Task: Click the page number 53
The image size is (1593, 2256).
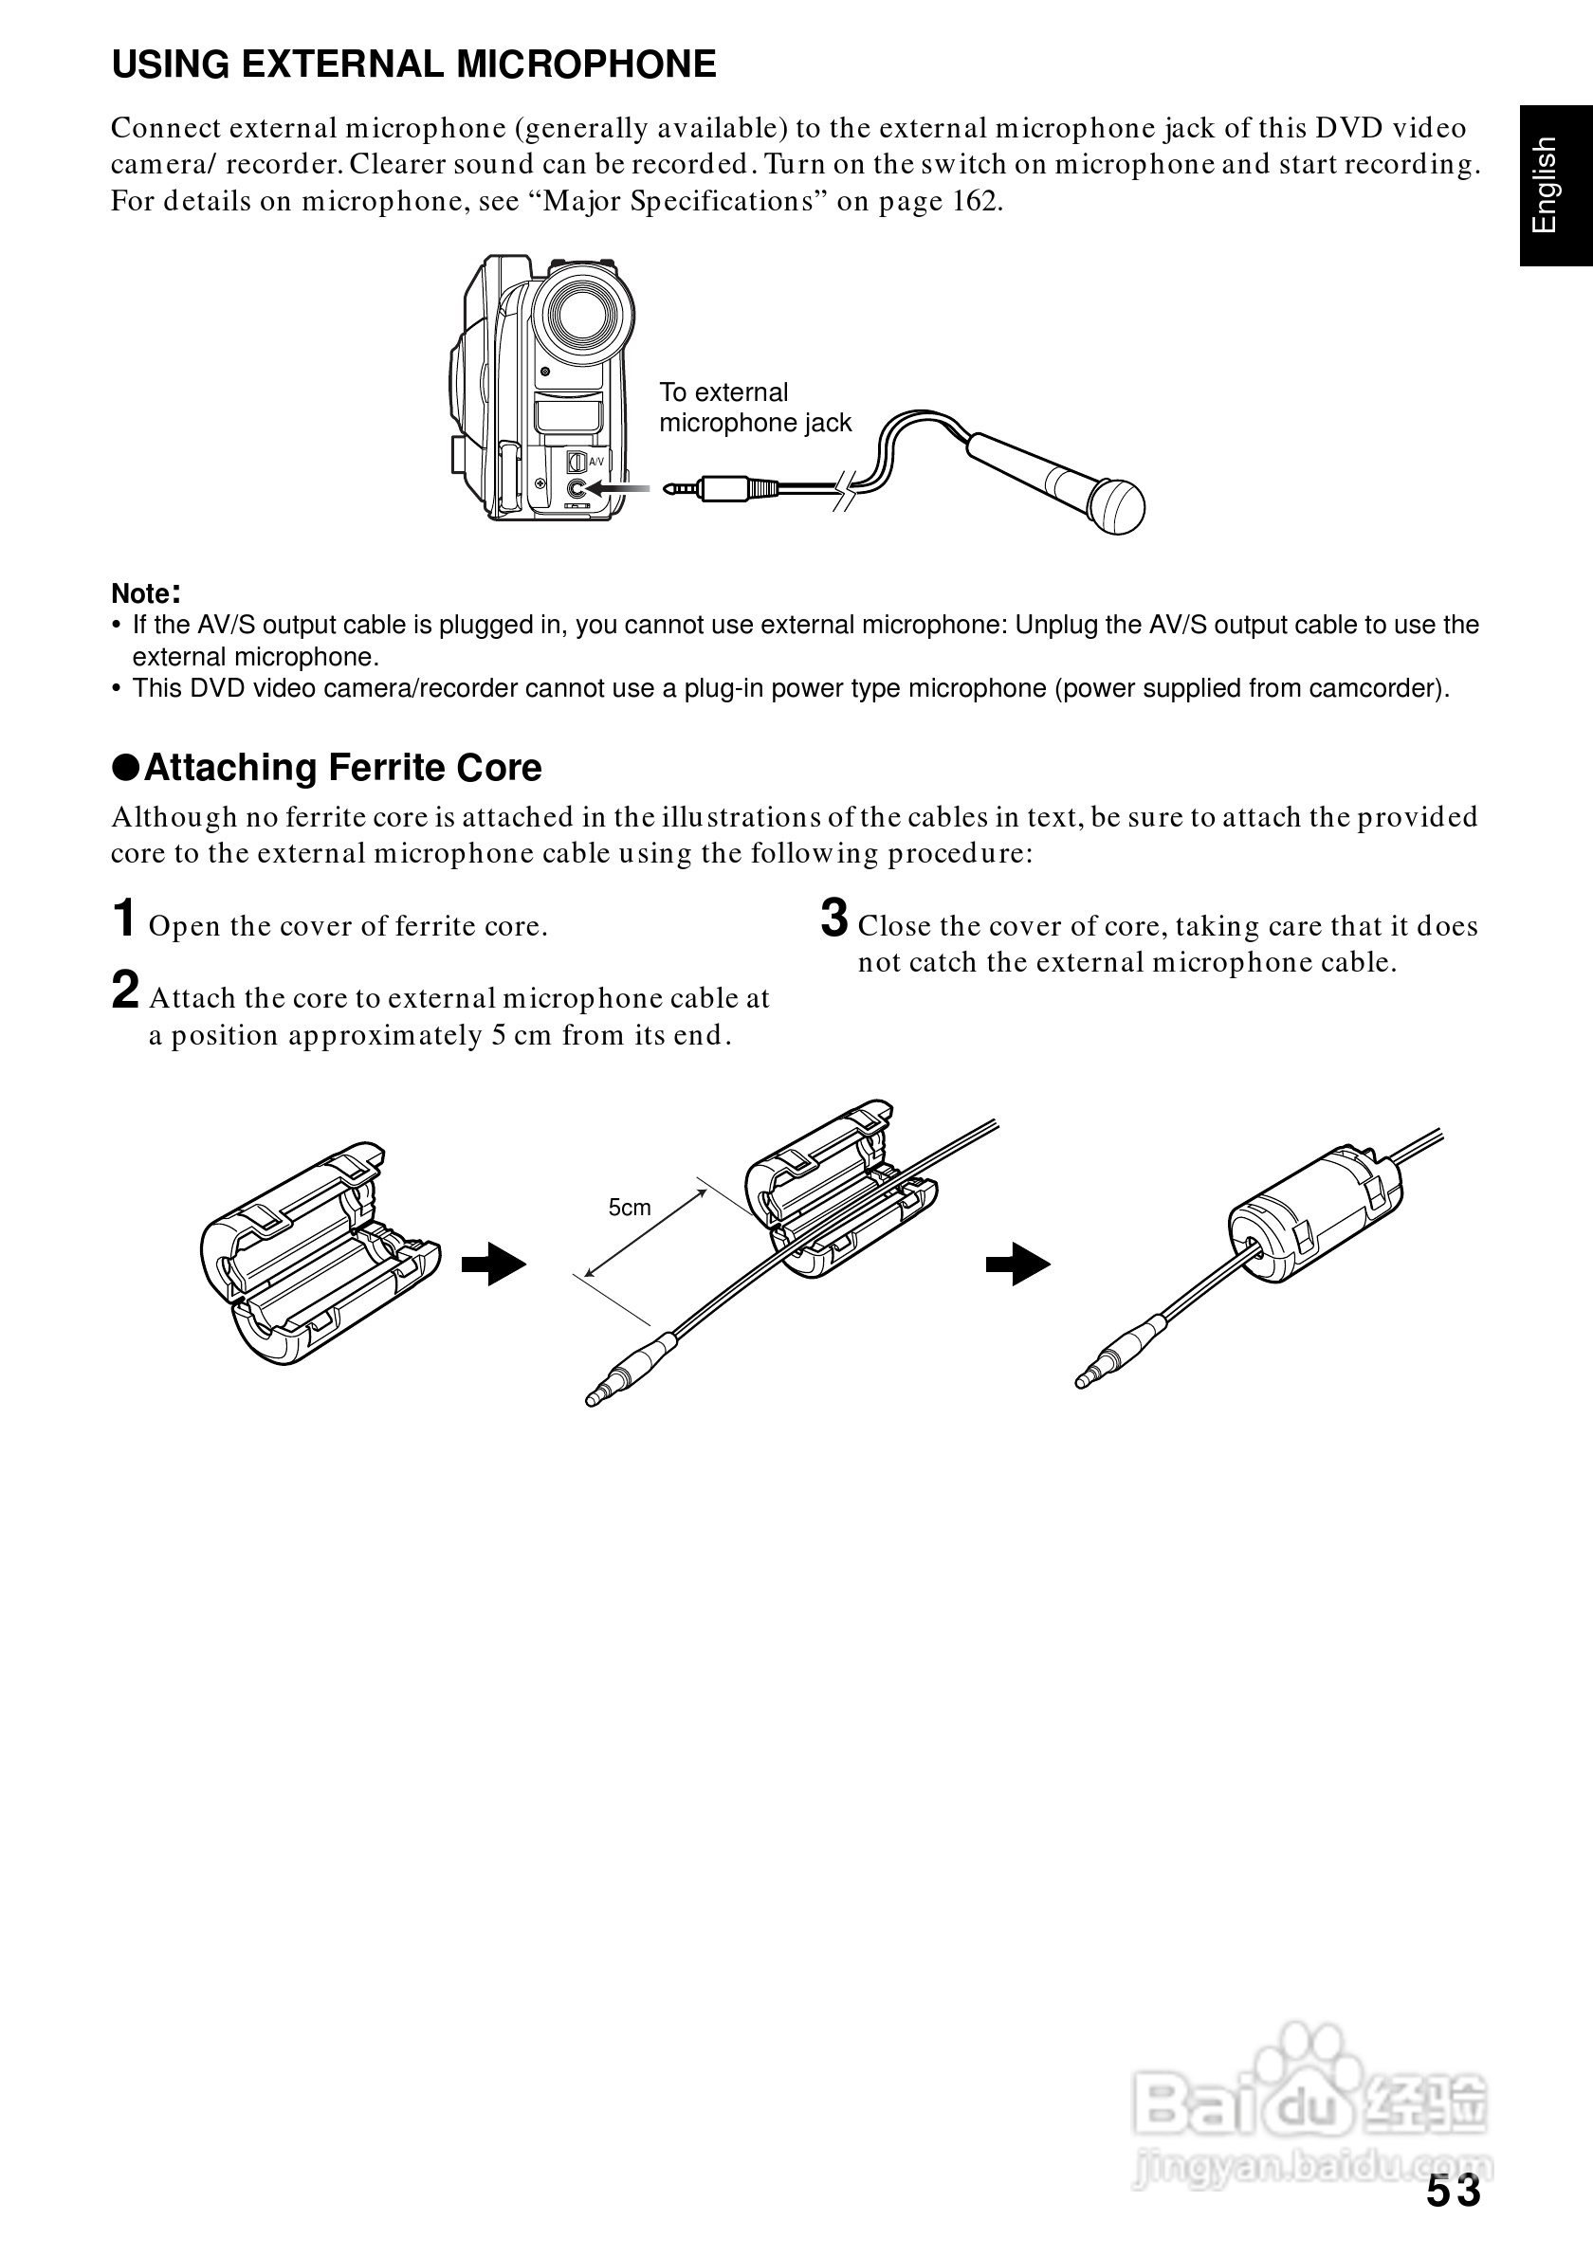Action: pyautogui.click(x=1454, y=2192)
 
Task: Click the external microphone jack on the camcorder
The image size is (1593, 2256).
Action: pyautogui.click(x=577, y=487)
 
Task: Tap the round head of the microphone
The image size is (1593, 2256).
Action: pyautogui.click(x=1117, y=506)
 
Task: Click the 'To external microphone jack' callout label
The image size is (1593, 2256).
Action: pyautogui.click(x=754, y=407)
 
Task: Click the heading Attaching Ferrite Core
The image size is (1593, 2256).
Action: pyautogui.click(x=342, y=768)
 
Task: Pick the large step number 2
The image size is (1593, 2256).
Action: pyautogui.click(x=125, y=990)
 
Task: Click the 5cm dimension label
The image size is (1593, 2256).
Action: pyautogui.click(x=629, y=1208)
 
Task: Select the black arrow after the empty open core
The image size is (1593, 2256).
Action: pyautogui.click(x=494, y=1264)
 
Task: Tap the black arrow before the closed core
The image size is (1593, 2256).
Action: pyautogui.click(x=1018, y=1264)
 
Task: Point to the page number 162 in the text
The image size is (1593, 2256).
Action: pyautogui.click(x=976, y=201)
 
